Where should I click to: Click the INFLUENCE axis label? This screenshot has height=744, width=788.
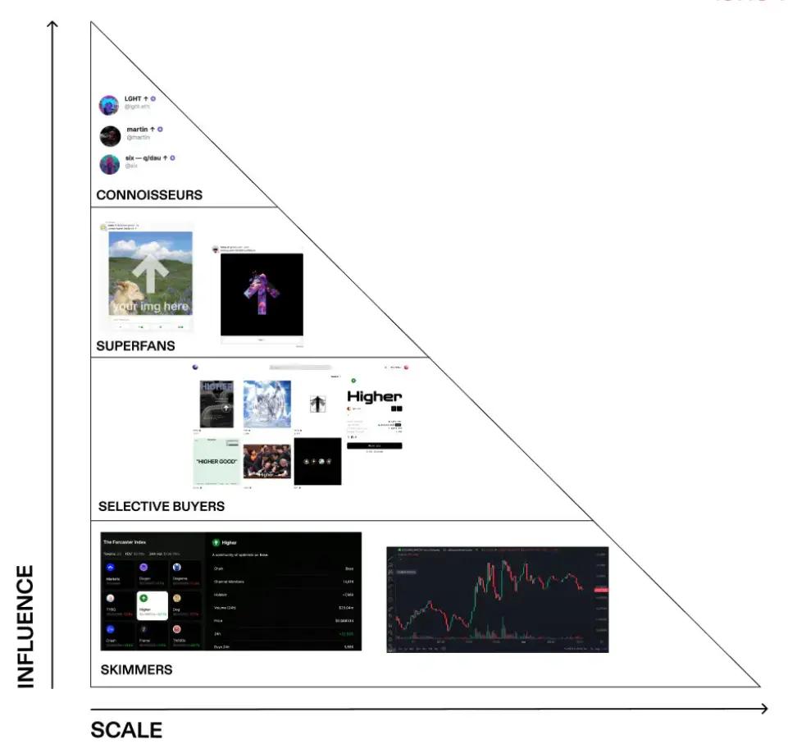[26, 625]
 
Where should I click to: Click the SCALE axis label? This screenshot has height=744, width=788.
[126, 730]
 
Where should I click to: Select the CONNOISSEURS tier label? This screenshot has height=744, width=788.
[149, 195]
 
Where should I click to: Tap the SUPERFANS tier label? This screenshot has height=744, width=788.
[135, 345]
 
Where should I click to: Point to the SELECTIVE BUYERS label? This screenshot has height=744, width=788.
[162, 506]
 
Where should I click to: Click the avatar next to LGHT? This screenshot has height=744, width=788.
[109, 105]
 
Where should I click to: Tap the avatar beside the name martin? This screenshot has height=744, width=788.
[110, 135]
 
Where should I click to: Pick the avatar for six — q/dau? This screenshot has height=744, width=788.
[110, 164]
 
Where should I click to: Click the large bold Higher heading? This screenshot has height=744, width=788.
[375, 397]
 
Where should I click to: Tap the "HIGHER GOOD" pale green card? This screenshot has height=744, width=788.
[216, 461]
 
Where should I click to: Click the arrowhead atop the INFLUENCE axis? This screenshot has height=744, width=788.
[53, 24]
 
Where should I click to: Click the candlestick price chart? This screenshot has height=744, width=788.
[497, 599]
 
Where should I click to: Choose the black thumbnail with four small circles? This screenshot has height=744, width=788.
[317, 461]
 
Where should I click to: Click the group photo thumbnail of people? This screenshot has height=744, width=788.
[267, 461]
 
